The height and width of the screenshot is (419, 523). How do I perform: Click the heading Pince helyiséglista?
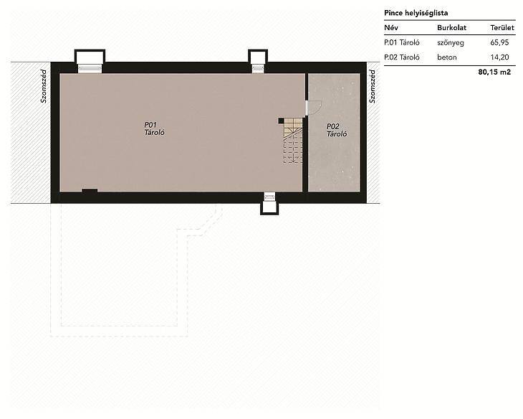coord(416,13)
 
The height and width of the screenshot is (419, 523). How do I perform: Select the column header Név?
coord(391,28)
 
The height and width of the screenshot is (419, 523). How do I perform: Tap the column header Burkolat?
coord(451,28)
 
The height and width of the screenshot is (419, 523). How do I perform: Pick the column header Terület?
coord(502,28)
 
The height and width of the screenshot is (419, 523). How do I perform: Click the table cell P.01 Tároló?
coord(402,42)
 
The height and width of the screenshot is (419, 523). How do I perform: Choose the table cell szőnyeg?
coord(451,43)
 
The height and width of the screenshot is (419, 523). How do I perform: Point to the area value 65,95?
coord(499,42)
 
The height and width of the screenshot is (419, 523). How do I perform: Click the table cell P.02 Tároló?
coord(402,57)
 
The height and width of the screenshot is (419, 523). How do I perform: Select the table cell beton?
coord(446,57)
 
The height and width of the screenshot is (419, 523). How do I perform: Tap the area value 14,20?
coord(499,57)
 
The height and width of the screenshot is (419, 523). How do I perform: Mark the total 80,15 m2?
coord(494,72)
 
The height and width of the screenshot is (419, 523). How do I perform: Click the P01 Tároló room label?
coord(154,128)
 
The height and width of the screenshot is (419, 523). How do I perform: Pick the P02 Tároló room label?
coord(337,130)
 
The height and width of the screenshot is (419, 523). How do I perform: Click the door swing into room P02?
coord(315,108)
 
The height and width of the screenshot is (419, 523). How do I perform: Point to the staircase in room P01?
coord(293,141)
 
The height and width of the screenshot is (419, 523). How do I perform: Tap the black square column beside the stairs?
coord(281,121)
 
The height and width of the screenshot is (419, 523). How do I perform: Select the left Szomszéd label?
coord(44,86)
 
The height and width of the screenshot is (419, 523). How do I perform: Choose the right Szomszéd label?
coord(373,86)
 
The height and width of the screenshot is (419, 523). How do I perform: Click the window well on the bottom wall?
coord(269,204)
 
